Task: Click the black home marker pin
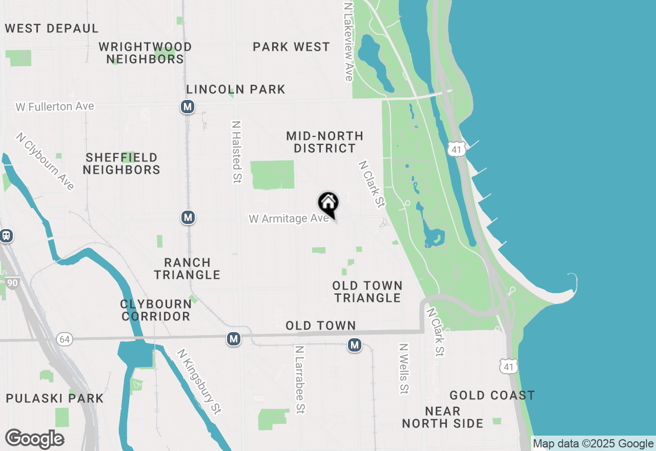pos(328,203)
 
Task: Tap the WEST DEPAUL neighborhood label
pos(52,29)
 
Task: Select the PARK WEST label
pos(291,47)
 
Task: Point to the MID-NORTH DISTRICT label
pos(324,142)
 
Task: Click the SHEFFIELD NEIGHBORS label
pos(121,163)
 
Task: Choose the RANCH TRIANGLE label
pos(187,269)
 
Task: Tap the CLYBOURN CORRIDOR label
pos(156,310)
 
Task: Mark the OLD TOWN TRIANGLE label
pos(367,292)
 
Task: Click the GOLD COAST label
pos(492,395)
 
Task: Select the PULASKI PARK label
pos(55,398)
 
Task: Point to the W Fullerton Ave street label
pos(55,107)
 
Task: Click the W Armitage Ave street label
pos(289,219)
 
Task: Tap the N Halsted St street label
pos(236,152)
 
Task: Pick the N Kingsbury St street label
pos(199,382)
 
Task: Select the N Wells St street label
pos(404,368)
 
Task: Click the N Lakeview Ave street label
pos(348,41)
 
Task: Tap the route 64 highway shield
pos(64,339)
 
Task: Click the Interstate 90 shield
pos(12,283)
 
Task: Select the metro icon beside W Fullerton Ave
pos(188,107)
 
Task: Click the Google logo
pos(35,439)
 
